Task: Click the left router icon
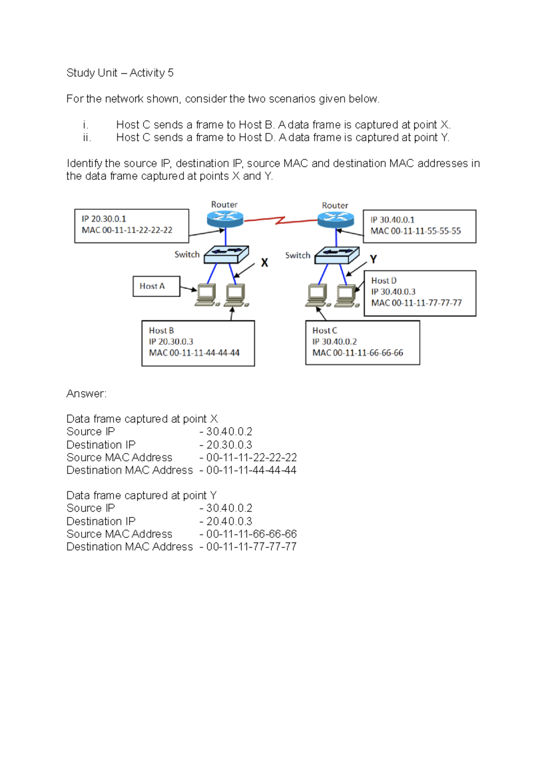coord(225,219)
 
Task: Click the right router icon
coord(335,220)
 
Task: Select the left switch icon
coord(226,254)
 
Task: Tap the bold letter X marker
coord(264,263)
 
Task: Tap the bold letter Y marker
coord(373,259)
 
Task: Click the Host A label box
coord(156,286)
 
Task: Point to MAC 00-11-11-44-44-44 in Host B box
coord(194,353)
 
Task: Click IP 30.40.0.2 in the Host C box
coord(334,341)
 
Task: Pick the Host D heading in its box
coord(384,280)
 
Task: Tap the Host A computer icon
coord(207,295)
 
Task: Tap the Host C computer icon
coord(317,296)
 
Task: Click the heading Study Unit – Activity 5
coord(120,73)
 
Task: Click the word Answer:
coord(86,394)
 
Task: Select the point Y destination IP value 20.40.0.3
coord(229,521)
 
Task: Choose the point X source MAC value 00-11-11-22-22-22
coord(251,457)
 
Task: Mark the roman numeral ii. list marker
coord(87,137)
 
